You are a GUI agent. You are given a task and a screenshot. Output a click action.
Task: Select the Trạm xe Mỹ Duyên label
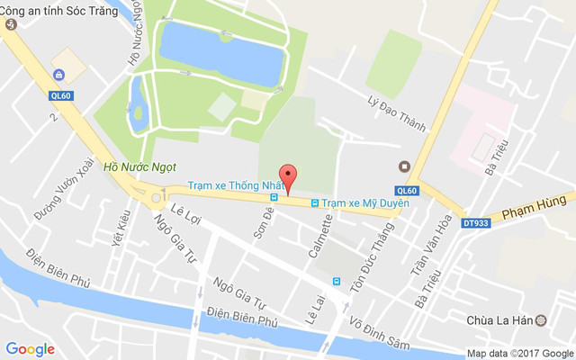point(365,202)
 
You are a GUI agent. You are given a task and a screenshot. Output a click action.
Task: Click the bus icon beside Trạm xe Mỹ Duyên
point(315,202)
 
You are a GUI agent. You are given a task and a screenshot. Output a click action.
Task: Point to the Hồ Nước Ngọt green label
point(139,166)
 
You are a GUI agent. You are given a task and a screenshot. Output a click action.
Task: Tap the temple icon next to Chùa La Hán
point(541,320)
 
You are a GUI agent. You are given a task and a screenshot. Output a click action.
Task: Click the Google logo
point(30,348)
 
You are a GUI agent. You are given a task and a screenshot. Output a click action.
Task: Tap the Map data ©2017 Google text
point(519,353)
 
